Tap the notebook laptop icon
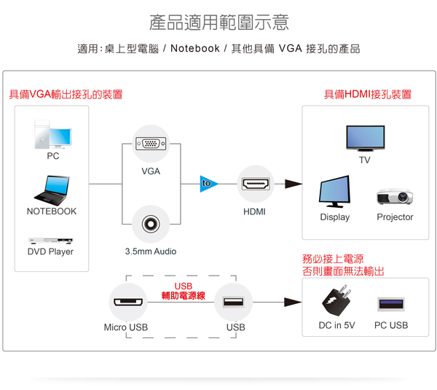[x=51, y=190]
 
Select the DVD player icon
[x=50, y=240]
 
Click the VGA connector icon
[x=151, y=143]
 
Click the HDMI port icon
[x=255, y=184]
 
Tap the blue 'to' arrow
[x=208, y=184]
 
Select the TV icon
[x=365, y=138]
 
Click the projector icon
[x=395, y=196]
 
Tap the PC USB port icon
[x=391, y=303]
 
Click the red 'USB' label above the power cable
[x=184, y=286]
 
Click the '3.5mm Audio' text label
[x=151, y=251]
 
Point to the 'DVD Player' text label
[x=50, y=251]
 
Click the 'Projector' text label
[x=395, y=217]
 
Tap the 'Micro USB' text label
[x=125, y=327]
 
